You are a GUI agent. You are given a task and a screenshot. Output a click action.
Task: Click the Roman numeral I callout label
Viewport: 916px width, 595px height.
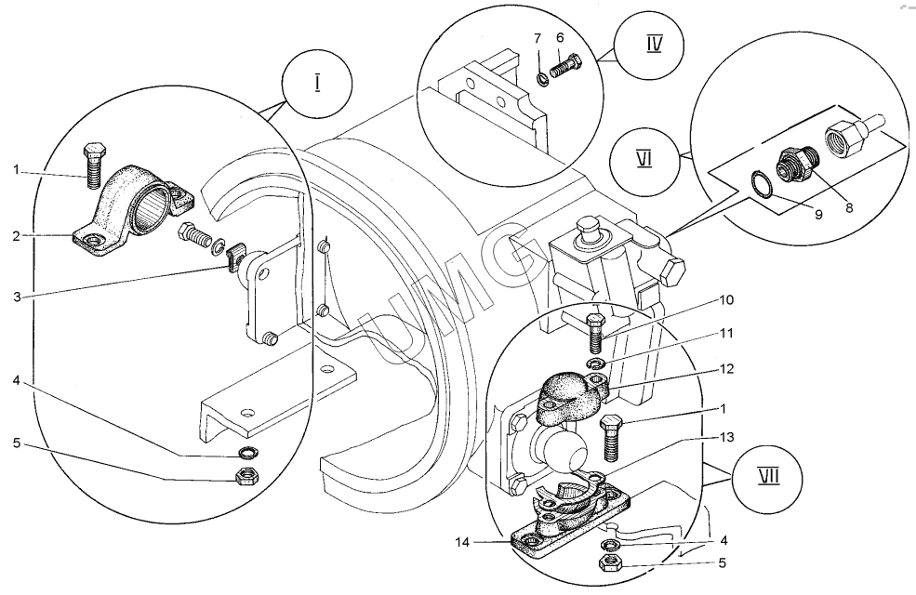317,83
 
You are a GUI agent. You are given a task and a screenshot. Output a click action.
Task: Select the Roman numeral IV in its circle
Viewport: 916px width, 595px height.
655,44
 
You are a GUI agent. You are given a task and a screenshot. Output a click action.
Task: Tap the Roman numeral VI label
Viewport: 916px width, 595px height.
644,159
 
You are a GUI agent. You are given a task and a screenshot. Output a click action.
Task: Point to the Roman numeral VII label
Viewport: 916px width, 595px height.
769,477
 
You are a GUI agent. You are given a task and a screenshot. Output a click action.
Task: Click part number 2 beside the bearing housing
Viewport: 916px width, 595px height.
17,236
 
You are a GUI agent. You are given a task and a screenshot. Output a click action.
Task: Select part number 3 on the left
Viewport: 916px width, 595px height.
17,297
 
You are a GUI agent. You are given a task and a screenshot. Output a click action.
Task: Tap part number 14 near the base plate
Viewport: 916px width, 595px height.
462,542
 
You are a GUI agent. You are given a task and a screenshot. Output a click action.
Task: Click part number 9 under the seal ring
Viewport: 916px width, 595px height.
818,215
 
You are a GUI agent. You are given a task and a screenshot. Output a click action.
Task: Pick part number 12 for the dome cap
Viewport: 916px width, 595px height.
726,368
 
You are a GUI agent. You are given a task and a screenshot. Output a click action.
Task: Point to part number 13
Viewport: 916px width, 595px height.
727,437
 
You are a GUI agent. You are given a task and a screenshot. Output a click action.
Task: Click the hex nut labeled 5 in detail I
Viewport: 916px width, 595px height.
245,476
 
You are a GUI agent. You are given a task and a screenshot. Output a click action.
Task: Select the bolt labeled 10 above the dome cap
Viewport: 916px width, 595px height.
596,333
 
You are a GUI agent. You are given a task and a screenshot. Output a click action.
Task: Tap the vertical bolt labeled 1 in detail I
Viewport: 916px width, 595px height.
94,165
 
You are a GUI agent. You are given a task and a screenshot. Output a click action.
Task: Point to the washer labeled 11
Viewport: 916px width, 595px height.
596,364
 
